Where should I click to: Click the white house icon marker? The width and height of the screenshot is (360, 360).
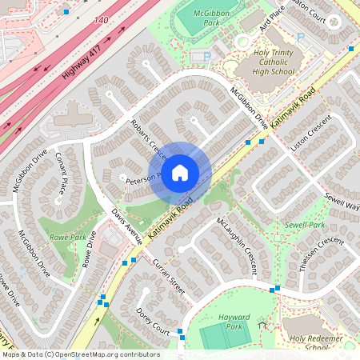[x=180, y=172]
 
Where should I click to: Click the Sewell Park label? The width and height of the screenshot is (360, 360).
[x=305, y=226]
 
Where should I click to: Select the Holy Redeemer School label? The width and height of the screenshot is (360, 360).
[x=309, y=342]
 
